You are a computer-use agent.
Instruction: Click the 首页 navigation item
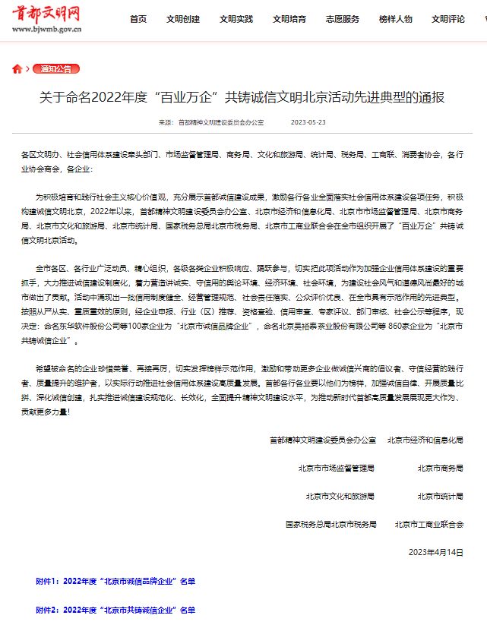(138, 19)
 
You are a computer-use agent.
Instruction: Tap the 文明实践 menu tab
(236, 19)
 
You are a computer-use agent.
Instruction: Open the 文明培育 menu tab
(289, 19)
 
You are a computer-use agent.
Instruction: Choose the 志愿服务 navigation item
(342, 19)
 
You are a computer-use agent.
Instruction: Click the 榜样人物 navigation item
(395, 19)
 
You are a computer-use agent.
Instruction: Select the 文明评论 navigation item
(448, 19)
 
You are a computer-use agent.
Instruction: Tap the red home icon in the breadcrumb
(17, 69)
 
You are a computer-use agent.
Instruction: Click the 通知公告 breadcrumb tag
(55, 69)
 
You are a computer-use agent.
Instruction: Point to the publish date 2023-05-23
(308, 121)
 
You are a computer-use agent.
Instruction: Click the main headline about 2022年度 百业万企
(242, 97)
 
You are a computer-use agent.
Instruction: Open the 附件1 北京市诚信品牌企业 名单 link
(115, 581)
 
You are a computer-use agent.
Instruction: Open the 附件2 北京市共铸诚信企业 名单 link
(115, 610)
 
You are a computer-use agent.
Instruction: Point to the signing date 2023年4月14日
(435, 552)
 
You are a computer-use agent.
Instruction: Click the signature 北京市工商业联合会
(428, 524)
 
